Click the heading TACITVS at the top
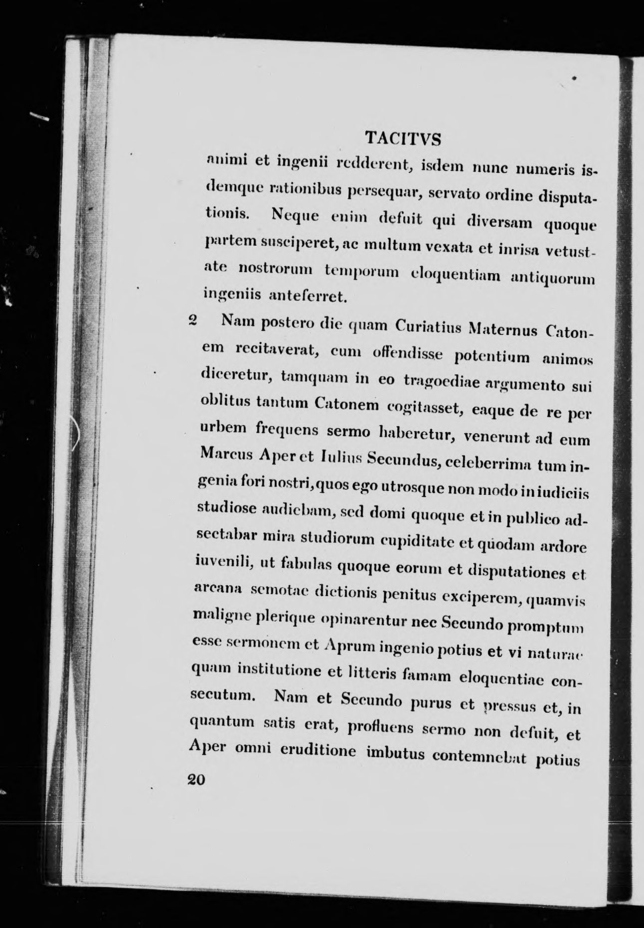[403, 138]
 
